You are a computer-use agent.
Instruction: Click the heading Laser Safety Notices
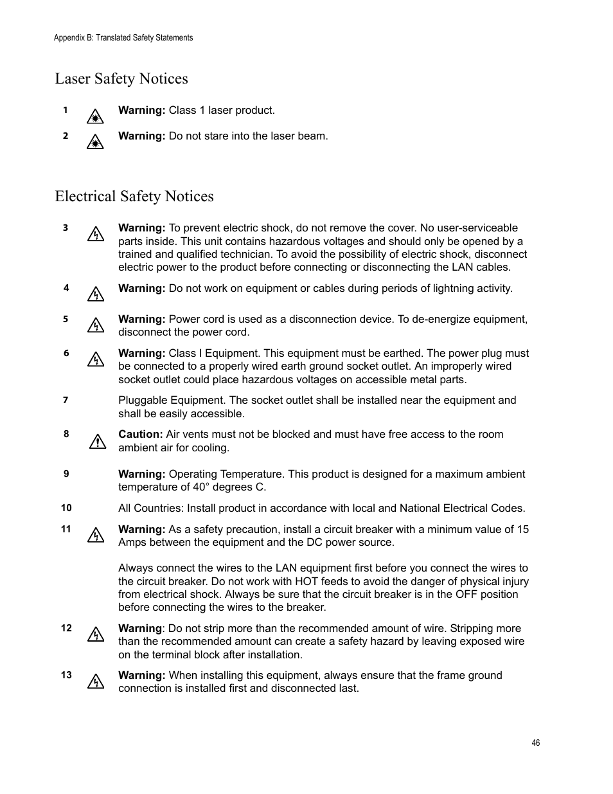[x=121, y=78]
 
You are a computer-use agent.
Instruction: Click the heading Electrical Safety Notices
[x=134, y=196]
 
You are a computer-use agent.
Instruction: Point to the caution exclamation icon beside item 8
[x=97, y=442]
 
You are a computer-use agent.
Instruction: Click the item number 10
[x=66, y=508]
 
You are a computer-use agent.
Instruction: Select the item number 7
[x=66, y=400]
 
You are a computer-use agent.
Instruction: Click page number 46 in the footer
[x=536, y=743]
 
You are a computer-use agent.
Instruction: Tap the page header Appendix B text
[x=123, y=38]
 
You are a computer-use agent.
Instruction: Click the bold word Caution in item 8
[x=140, y=435]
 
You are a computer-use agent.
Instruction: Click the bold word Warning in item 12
[x=139, y=629]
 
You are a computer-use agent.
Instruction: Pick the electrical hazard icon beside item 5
[x=95, y=326]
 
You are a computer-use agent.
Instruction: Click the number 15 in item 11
[x=522, y=530]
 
